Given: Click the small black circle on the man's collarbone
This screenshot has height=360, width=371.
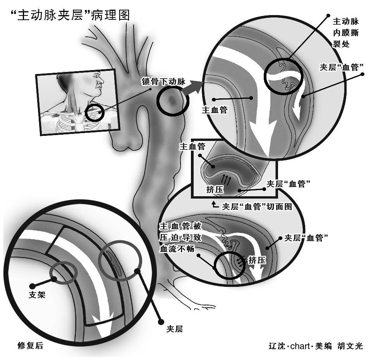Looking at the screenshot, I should click(x=95, y=112).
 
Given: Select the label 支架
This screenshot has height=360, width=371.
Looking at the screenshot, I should click(x=38, y=295).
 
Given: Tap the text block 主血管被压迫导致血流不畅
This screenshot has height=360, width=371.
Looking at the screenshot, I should click(x=180, y=237).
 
